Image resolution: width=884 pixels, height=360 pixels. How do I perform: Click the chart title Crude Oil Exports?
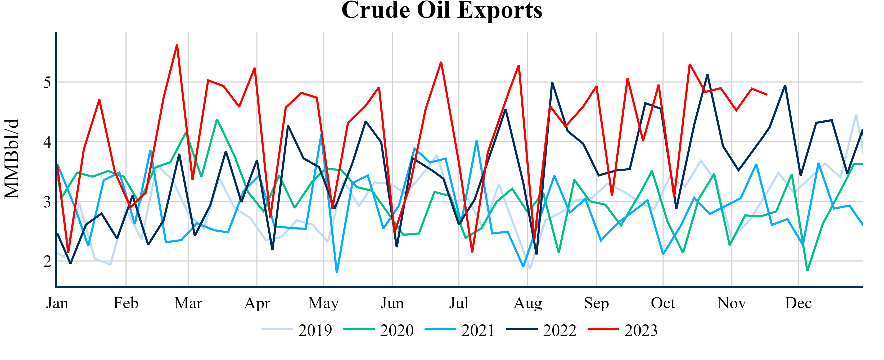point(442,10)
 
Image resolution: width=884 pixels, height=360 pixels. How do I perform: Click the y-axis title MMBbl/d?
point(12,159)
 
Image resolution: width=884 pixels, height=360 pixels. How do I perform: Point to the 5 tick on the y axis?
point(47,82)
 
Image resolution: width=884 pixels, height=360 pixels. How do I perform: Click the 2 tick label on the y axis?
point(47,262)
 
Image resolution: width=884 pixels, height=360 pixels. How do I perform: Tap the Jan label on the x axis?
point(57,303)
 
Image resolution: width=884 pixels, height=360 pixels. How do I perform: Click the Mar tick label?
point(188,303)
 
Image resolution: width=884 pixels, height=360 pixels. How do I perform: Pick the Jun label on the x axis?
point(392,303)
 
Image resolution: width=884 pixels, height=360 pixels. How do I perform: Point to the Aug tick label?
point(528,303)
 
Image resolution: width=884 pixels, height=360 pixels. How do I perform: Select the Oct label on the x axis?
point(663,303)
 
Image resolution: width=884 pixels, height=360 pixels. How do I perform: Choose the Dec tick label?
point(798,303)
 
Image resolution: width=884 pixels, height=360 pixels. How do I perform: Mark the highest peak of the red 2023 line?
point(177,45)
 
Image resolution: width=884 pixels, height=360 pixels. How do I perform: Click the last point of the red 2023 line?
point(767,94)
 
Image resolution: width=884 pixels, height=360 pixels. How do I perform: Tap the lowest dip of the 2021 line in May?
point(337,272)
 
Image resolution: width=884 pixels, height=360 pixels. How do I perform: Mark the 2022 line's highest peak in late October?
point(707,75)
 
